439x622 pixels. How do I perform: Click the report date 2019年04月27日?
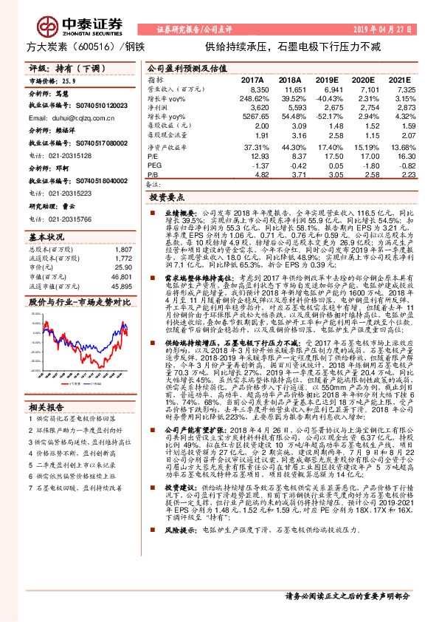pyautogui.click(x=387, y=28)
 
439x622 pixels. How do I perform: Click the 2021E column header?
pyautogui.click(x=398, y=79)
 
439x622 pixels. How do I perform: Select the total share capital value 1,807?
pyautogui.click(x=122, y=250)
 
